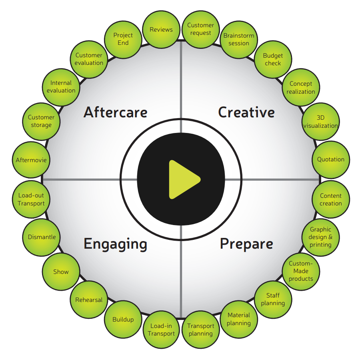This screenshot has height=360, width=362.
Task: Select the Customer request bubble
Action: coord(200,29)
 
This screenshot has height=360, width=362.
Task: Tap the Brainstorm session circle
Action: coord(239,40)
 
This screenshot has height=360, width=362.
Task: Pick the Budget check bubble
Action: coord(273,60)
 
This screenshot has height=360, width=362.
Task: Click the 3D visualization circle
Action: coord(320,121)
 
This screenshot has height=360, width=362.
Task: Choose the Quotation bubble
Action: coord(330,159)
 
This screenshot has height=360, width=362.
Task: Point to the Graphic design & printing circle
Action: coord(320,237)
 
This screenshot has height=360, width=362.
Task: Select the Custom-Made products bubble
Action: coord(301,272)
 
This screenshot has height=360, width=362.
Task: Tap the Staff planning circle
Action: coord(273,300)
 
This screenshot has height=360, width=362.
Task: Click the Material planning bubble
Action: coord(239,319)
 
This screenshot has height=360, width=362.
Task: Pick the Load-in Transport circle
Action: coord(162,330)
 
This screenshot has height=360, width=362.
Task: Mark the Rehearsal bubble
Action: coord(89,300)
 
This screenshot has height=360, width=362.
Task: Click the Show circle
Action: coord(61,272)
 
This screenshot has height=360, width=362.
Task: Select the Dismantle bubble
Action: coord(42,237)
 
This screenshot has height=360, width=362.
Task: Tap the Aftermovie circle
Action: coord(31,160)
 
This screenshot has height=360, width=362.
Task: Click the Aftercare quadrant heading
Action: coord(115,113)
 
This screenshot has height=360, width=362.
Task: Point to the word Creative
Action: coord(246,113)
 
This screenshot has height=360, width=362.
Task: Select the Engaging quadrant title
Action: coord(115,244)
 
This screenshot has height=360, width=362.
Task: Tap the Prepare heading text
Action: coord(246,244)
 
